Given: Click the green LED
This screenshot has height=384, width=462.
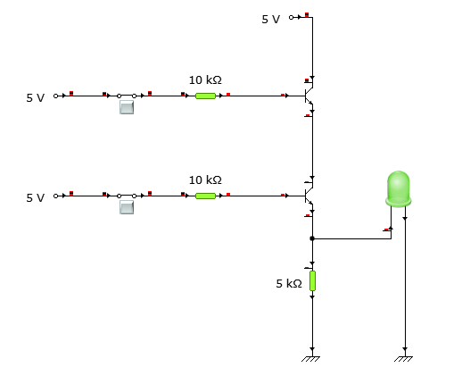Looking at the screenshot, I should tap(398, 188).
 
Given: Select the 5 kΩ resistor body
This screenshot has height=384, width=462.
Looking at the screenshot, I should tap(312, 281).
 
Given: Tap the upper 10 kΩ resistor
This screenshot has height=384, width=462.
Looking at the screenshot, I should tap(206, 95).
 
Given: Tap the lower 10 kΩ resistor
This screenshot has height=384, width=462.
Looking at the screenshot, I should tap(206, 195).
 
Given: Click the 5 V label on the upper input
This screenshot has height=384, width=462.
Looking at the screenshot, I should tap(35, 97).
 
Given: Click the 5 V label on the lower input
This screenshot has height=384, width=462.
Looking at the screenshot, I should tap(35, 197).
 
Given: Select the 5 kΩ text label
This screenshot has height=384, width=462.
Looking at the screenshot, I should tap(289, 283).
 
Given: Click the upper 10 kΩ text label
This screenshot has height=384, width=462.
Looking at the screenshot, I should tap(205, 79).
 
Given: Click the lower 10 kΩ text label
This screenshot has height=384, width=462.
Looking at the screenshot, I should tap(205, 179).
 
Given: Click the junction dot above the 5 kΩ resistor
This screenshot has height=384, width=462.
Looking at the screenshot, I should tap(311, 238).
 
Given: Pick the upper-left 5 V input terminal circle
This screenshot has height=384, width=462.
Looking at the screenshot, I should tap(55, 95).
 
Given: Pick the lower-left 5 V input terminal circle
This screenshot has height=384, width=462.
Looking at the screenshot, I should tap(55, 195).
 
